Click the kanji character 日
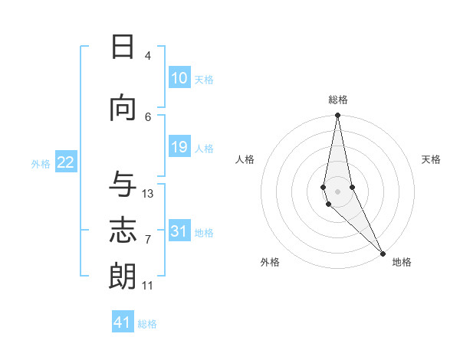[x=123, y=47]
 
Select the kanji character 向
[x=123, y=108]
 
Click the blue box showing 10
[x=179, y=78]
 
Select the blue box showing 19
[x=179, y=147]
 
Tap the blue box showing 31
[x=179, y=231]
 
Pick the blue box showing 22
[x=66, y=162]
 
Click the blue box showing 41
[x=123, y=322]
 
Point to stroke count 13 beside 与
[x=148, y=194]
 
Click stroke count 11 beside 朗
[x=148, y=286]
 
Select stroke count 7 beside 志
[x=148, y=240]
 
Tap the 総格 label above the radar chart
[x=338, y=100]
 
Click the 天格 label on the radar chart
[x=431, y=159]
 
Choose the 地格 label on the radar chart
[x=402, y=262]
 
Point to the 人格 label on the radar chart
[x=245, y=159]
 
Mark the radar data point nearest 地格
[x=383, y=253]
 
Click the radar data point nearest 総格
[x=337, y=116]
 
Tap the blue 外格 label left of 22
[x=41, y=163]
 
